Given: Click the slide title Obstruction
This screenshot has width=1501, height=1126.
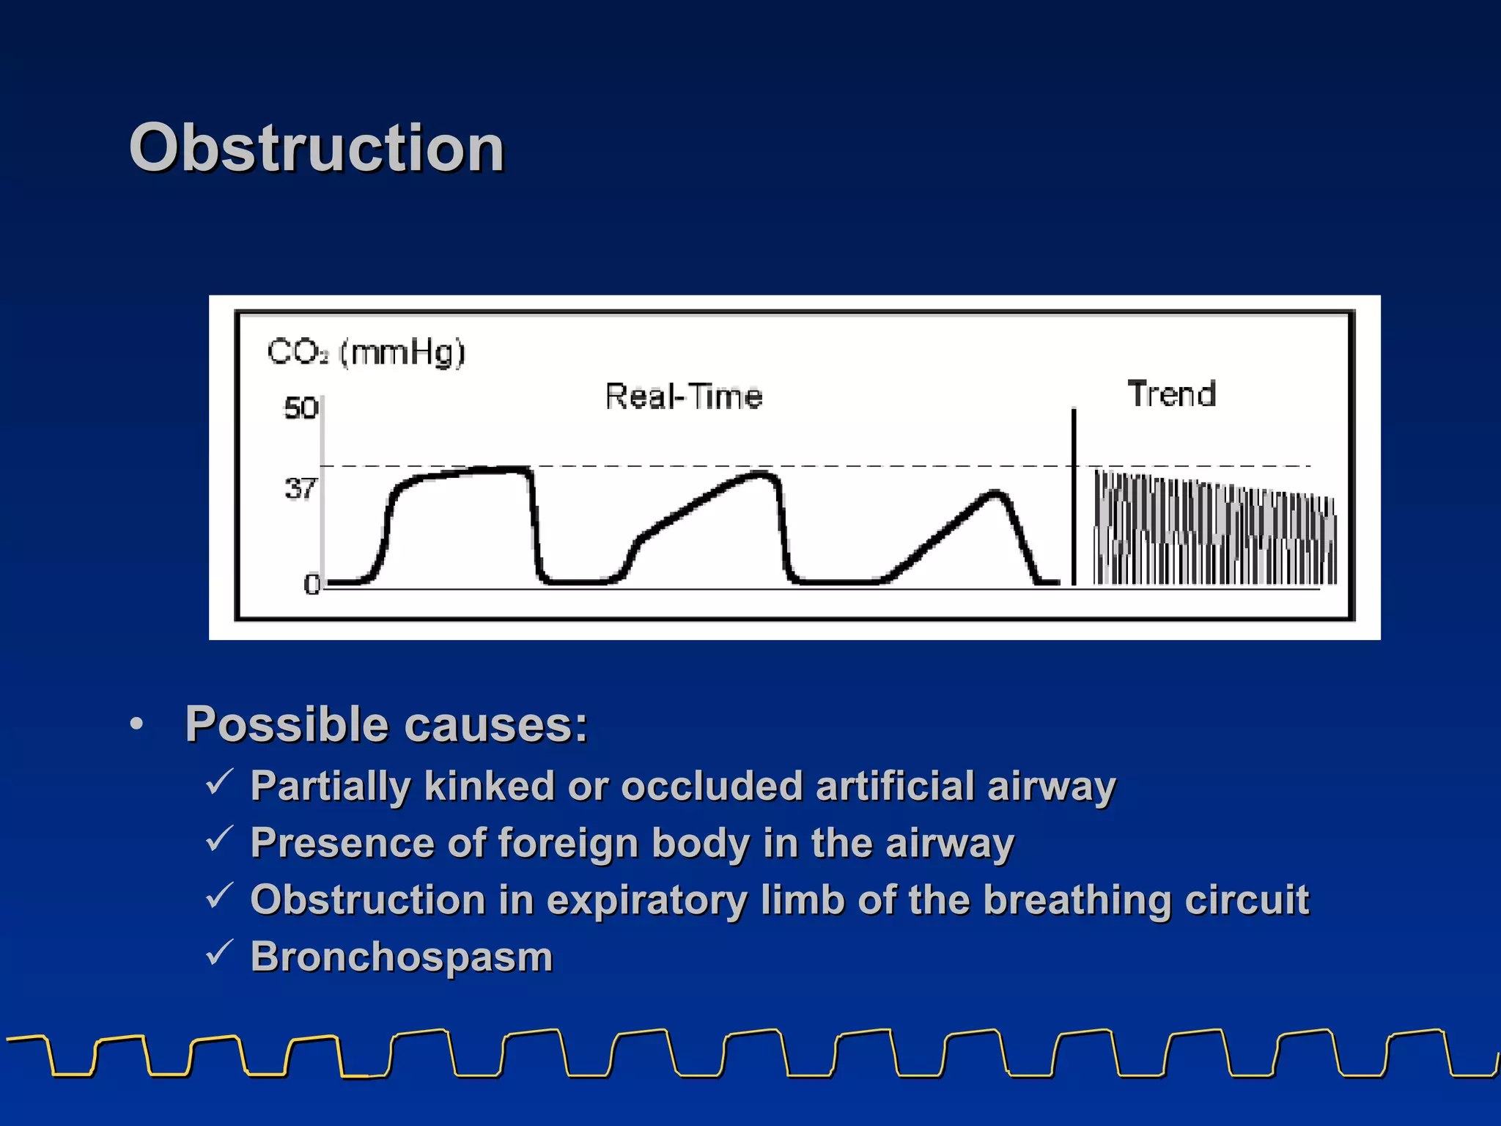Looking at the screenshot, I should [317, 148].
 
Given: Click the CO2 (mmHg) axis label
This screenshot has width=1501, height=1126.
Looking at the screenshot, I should [366, 352].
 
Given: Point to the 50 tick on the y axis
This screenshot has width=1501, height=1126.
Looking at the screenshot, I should [300, 408].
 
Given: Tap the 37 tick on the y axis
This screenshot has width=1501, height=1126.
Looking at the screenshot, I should [300, 488].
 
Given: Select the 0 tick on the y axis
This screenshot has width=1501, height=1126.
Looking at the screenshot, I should [311, 584].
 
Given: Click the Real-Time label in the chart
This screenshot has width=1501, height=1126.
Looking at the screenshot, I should [684, 397].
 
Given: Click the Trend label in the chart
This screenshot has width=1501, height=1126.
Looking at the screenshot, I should [1171, 394].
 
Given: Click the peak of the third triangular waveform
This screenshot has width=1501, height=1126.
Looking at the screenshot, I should [995, 493].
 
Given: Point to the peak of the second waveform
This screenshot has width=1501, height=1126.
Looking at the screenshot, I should [762, 475].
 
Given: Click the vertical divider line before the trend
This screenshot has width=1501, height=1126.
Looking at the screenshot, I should [1074, 498].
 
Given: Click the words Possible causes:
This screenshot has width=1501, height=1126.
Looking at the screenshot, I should [386, 724].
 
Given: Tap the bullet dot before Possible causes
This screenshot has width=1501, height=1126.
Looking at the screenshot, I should [136, 724].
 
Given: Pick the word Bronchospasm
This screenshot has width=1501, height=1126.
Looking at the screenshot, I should [402, 957].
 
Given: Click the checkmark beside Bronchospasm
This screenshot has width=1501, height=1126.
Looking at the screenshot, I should [219, 952].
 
